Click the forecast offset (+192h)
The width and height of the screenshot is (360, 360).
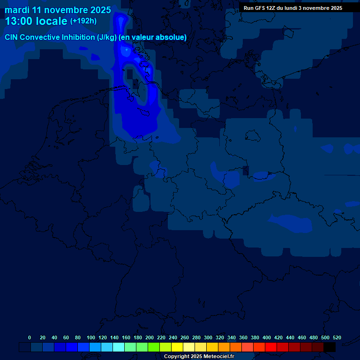click(x=83, y=21)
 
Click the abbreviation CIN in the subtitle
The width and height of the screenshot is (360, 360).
click(x=12, y=37)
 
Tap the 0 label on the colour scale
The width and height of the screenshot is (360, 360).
click(x=30, y=337)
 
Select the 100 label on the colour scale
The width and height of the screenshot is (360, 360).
click(x=91, y=337)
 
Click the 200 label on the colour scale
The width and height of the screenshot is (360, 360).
click(x=150, y=337)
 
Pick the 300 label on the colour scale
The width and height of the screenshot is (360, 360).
click(x=208, y=337)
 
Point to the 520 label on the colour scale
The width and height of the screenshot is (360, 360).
click(x=337, y=337)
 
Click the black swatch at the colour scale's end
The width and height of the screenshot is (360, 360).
click(x=330, y=347)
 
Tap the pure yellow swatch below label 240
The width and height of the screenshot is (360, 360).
click(x=177, y=347)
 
